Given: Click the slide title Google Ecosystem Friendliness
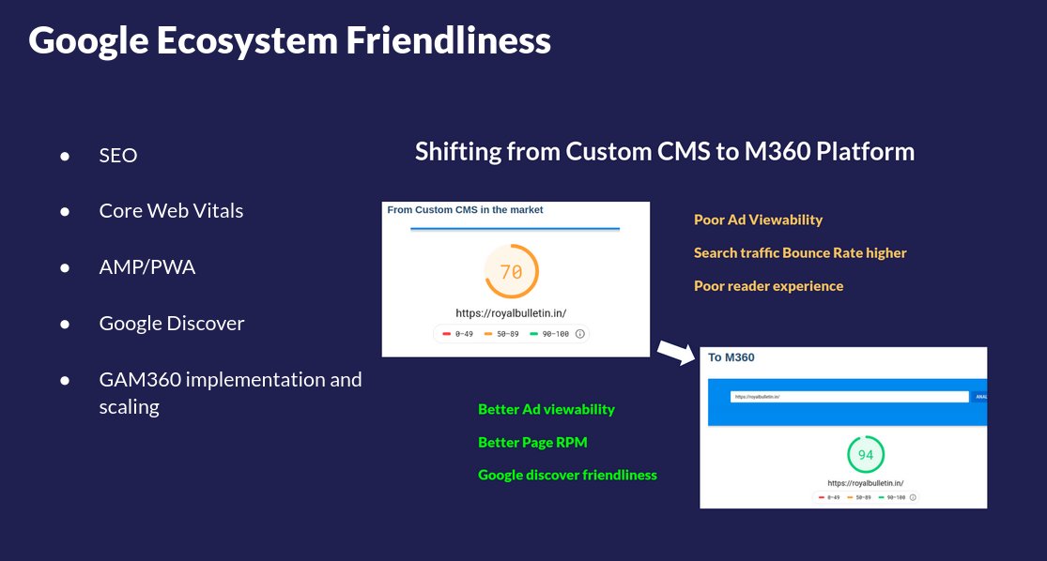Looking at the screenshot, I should tap(289, 41).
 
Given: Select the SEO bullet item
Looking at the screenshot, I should tap(118, 156).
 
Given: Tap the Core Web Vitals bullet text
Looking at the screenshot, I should tap(171, 211).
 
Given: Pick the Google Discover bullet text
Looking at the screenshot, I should tap(172, 324).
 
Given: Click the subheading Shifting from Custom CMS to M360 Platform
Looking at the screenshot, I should tap(664, 151).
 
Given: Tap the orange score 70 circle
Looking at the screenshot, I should tap(511, 272).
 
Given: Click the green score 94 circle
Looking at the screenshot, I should tap(866, 455).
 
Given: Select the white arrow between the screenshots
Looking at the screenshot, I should tap(674, 353).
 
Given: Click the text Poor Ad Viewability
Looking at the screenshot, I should tap(758, 220).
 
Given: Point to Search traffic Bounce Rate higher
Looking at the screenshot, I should tap(800, 252).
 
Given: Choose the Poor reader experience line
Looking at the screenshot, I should tap(768, 285).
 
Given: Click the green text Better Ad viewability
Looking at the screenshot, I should tap(547, 409).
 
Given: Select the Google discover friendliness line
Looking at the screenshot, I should tap(567, 475).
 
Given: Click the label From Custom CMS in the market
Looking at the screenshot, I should tap(465, 210).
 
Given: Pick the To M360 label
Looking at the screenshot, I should tap(731, 357).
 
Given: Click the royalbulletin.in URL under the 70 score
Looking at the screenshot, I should tap(511, 312).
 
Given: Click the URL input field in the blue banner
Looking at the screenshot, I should tap(849, 397).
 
